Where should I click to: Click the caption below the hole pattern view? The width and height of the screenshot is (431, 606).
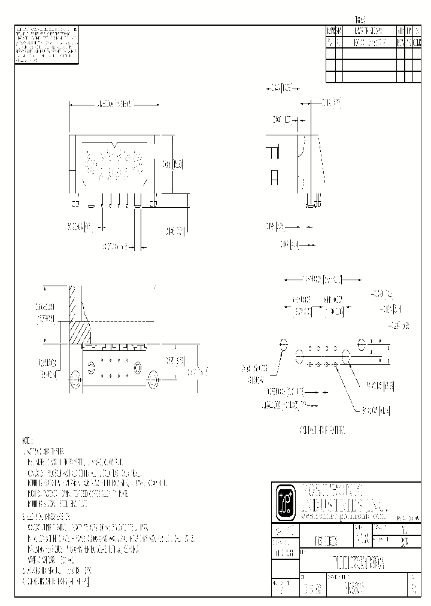(322, 430)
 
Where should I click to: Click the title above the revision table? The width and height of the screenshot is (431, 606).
(360, 19)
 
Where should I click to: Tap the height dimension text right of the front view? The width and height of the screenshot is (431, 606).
(174, 163)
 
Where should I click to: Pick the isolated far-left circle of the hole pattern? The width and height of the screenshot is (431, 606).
(284, 346)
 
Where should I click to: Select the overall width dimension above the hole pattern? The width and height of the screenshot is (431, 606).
(322, 279)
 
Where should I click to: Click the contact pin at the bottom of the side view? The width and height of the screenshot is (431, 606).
(312, 202)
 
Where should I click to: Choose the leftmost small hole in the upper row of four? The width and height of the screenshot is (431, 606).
(309, 347)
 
